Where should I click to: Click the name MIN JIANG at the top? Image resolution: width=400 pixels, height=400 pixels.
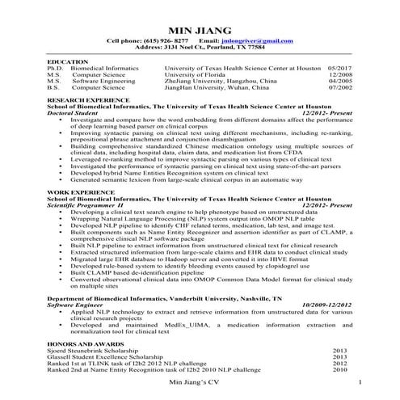[x=200, y=29]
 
